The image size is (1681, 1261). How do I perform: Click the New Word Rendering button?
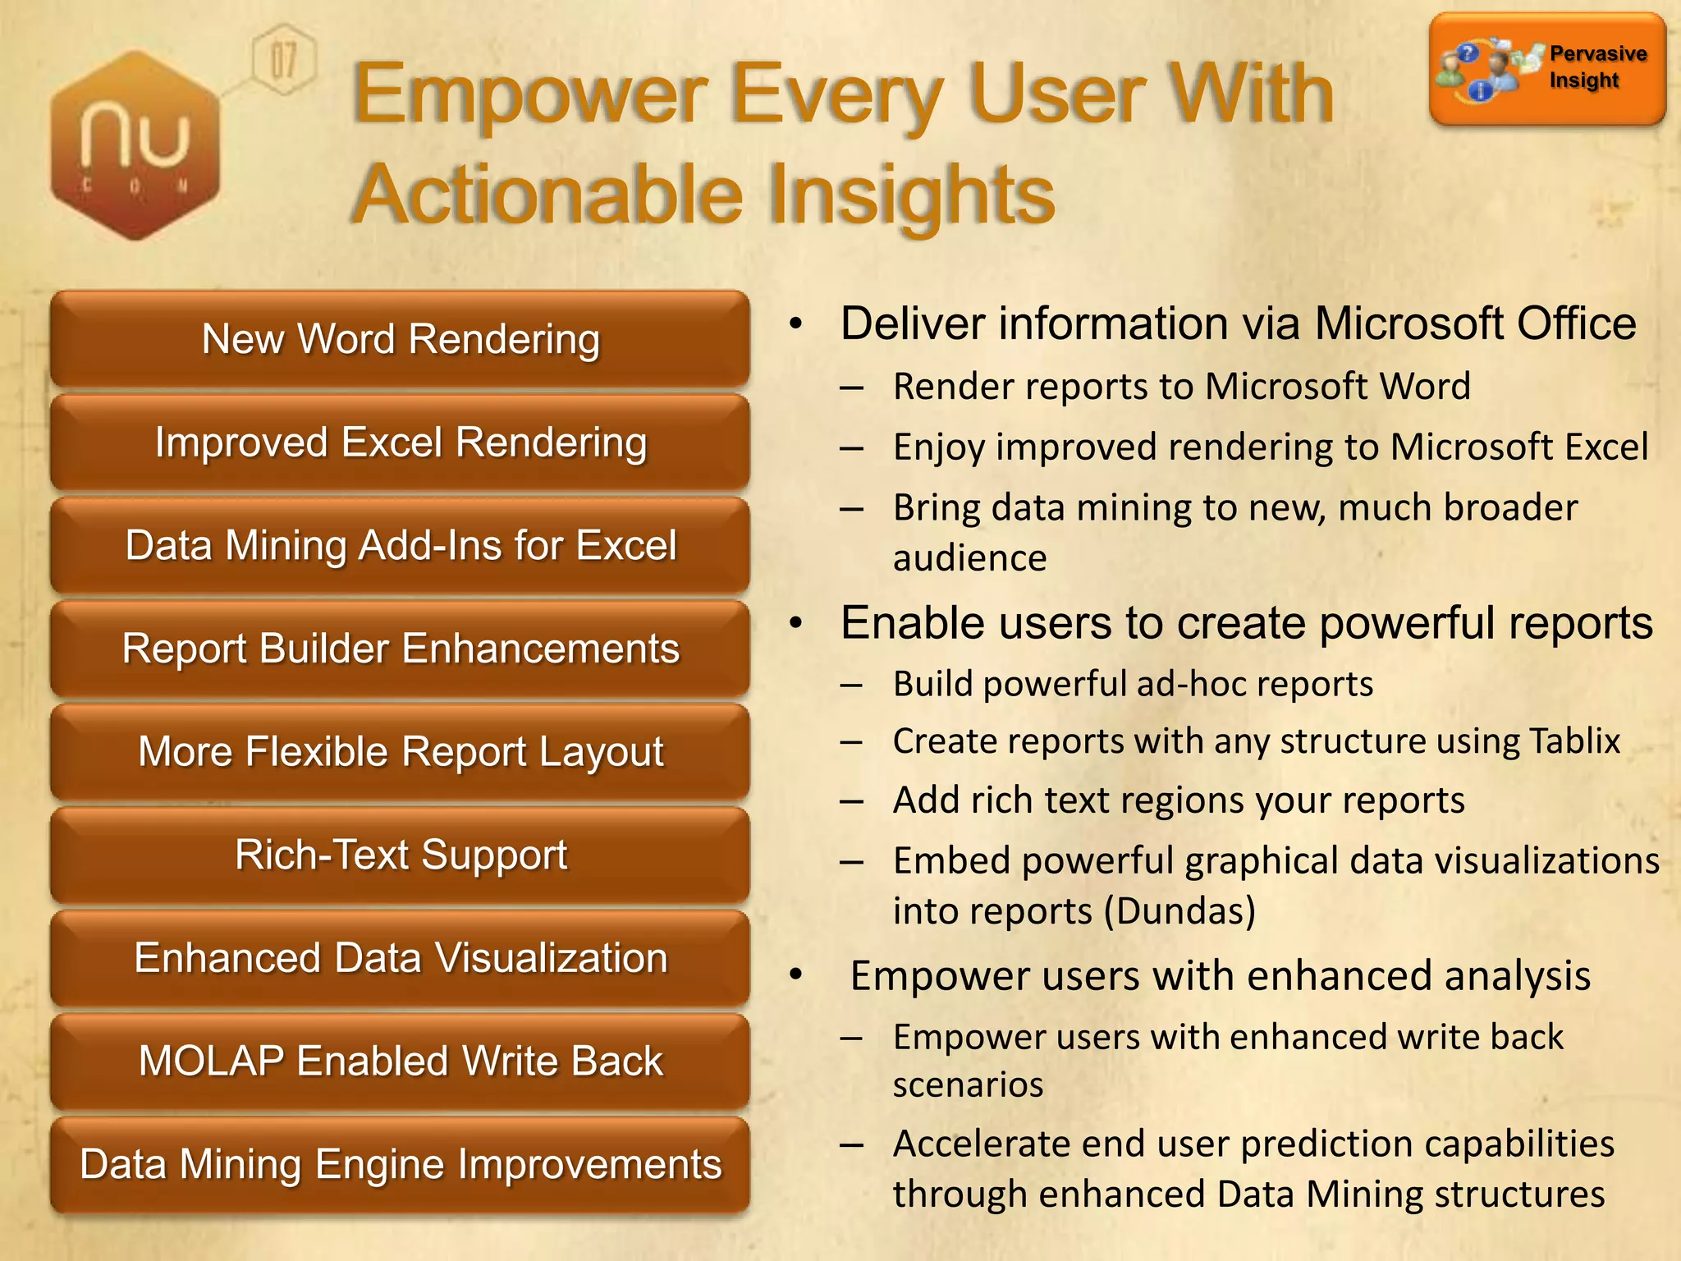pos(401,339)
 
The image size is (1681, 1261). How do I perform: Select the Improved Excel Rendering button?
pos(401,442)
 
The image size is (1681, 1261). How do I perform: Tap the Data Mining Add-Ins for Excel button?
pos(401,546)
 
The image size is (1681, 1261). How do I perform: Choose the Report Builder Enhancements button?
pos(401,649)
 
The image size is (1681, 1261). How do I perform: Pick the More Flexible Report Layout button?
pos(401,752)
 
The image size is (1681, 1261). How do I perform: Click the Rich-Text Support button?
pos(401,855)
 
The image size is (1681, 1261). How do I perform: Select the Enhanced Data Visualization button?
pos(401,958)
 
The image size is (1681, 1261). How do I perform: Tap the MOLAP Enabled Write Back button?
pos(401,1062)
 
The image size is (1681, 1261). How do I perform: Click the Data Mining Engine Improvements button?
pos(401,1165)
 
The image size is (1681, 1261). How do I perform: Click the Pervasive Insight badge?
pos(1547,69)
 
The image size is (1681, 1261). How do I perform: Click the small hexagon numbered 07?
pos(283,60)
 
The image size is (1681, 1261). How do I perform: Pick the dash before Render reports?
pos(851,387)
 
